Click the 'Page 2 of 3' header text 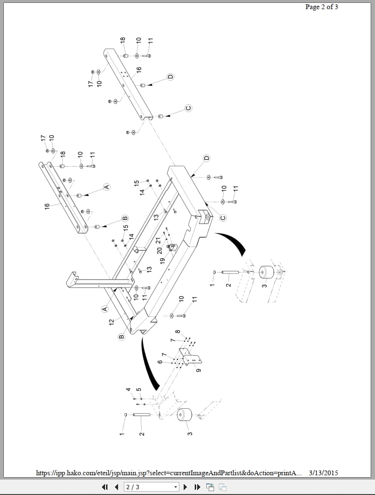pos(321,7)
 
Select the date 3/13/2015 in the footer pos(323,473)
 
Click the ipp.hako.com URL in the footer pos(169,473)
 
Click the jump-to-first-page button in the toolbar pos(105,487)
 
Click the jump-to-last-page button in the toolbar pos(197,487)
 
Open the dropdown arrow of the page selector pos(175,487)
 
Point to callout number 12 pos(112,321)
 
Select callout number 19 pos(162,260)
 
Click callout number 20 pos(159,250)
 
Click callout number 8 pos(177,332)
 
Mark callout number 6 pos(160,362)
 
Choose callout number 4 pos(128,389)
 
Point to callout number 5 pos(138,389)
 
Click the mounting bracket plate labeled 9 pos(192,359)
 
